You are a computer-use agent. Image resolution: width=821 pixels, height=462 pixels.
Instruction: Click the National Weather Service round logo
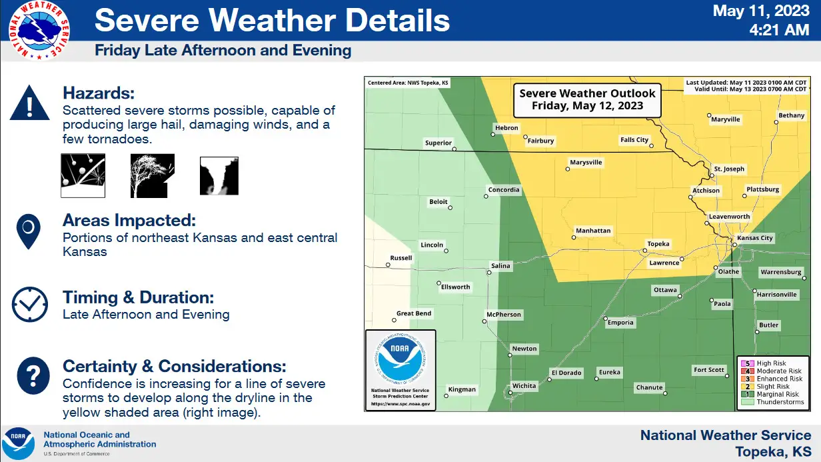coord(39,31)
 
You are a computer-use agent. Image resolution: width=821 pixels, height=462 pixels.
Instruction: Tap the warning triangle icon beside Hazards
coord(30,103)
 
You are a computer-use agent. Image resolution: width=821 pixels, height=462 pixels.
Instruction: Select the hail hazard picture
coord(83,175)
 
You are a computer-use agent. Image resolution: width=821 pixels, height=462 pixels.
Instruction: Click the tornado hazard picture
coord(219,176)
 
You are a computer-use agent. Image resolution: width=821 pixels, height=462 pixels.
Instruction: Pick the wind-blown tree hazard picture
coord(153,175)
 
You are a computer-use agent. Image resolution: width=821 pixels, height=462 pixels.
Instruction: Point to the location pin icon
coord(28,231)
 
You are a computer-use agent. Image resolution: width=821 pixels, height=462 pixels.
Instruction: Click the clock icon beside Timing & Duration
coord(30,304)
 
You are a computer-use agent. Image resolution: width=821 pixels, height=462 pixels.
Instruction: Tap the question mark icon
coord(33,375)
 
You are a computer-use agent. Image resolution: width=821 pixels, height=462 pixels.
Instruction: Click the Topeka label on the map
coord(658,244)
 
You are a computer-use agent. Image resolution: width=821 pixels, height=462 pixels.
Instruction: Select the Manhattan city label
coord(593,231)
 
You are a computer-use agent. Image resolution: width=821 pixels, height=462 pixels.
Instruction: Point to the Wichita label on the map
coord(524,386)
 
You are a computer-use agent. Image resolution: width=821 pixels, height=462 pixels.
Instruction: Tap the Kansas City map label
coord(754,238)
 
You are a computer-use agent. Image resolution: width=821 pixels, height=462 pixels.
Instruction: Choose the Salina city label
coord(500,266)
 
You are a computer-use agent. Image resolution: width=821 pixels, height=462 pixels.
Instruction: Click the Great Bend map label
coord(414,313)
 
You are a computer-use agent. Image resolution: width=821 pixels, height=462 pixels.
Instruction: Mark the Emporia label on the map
coord(620,323)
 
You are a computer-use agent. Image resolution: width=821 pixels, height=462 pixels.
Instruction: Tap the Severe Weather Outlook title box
coord(587,100)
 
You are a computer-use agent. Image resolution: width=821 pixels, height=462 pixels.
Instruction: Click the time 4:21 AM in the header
coord(779,30)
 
